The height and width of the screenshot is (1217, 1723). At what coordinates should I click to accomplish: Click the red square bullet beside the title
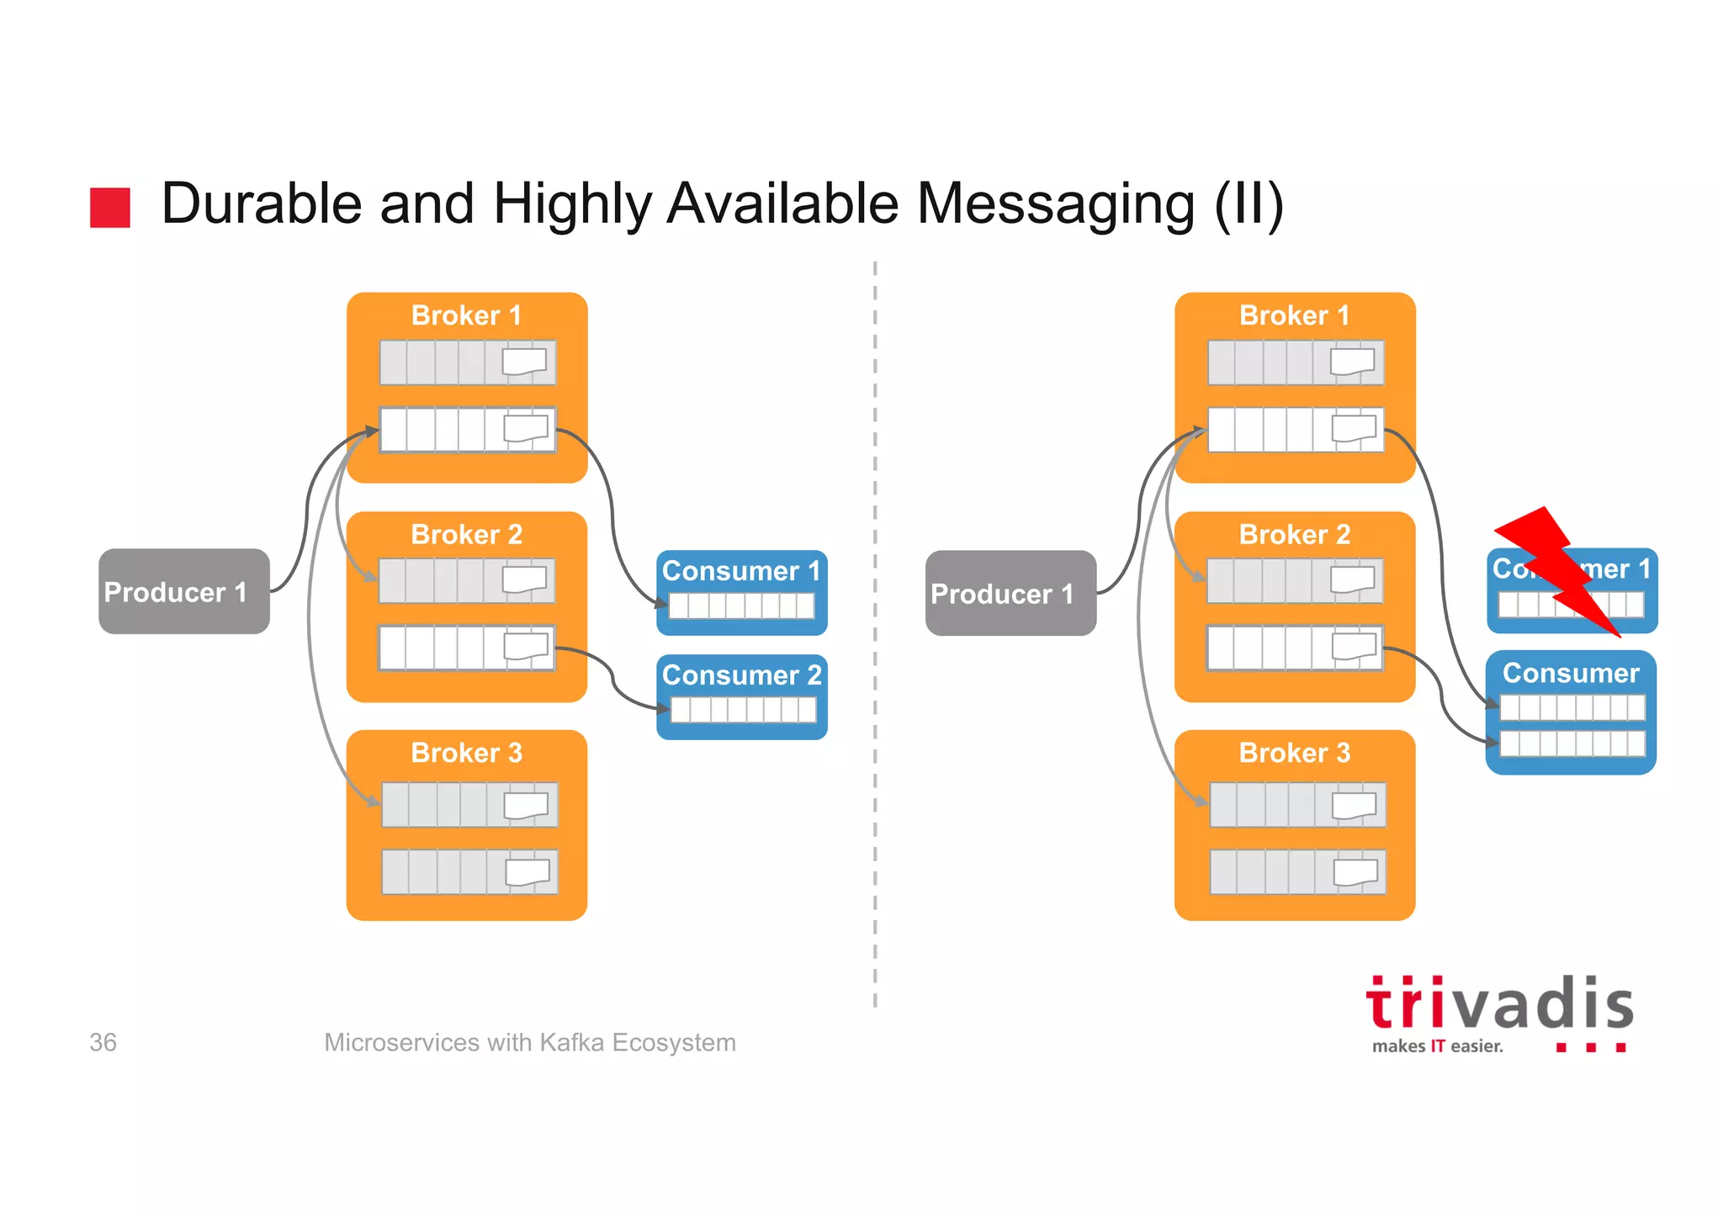pos(110,207)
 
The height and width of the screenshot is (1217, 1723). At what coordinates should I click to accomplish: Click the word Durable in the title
pos(261,204)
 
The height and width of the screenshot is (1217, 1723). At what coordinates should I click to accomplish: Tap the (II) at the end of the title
pos(1249,204)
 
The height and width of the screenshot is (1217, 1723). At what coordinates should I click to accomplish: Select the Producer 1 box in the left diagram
pos(183,591)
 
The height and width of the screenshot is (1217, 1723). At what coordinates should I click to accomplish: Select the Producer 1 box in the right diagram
pos(1010,593)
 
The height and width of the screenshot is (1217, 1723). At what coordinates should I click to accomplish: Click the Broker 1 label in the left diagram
pos(466,315)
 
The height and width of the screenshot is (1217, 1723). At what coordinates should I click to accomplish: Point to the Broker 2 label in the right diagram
pos(1294,534)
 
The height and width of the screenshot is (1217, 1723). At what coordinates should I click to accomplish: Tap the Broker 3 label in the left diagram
pos(466,753)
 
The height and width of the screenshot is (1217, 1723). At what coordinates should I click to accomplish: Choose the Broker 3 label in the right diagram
pos(1294,753)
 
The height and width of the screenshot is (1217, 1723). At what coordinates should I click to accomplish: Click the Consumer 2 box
pos(741,696)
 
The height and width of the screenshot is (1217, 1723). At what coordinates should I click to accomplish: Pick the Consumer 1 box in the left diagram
pos(741,592)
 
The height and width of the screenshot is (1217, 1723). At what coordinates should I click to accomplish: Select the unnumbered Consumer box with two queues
pos(1571,712)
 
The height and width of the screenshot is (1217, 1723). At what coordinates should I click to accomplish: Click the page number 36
pos(103,1042)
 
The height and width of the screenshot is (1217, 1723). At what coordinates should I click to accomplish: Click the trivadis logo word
pos(1499,1005)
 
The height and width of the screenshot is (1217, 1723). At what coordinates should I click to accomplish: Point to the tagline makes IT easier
pos(1437,1046)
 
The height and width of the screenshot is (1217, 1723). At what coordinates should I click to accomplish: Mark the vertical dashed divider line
pos(875,631)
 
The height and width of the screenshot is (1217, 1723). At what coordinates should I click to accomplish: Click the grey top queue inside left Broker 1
pos(467,362)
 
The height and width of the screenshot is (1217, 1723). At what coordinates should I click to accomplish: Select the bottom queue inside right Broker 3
pos(1297,871)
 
